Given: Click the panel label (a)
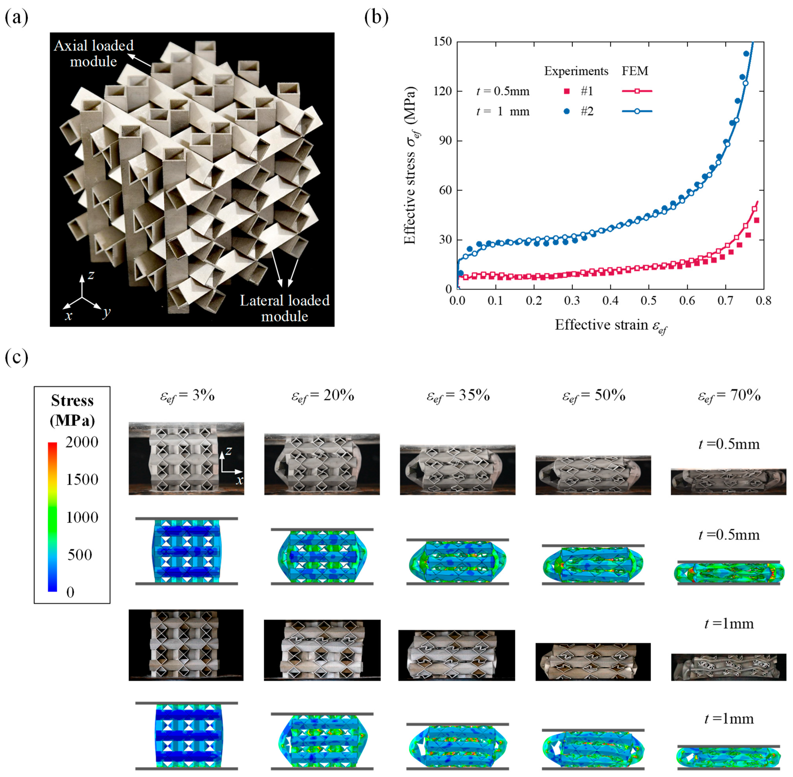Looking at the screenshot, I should pyautogui.click(x=16, y=18).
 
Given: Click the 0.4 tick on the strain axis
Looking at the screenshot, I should pyautogui.click(x=610, y=301).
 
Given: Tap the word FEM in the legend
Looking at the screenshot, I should pyautogui.click(x=635, y=71).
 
